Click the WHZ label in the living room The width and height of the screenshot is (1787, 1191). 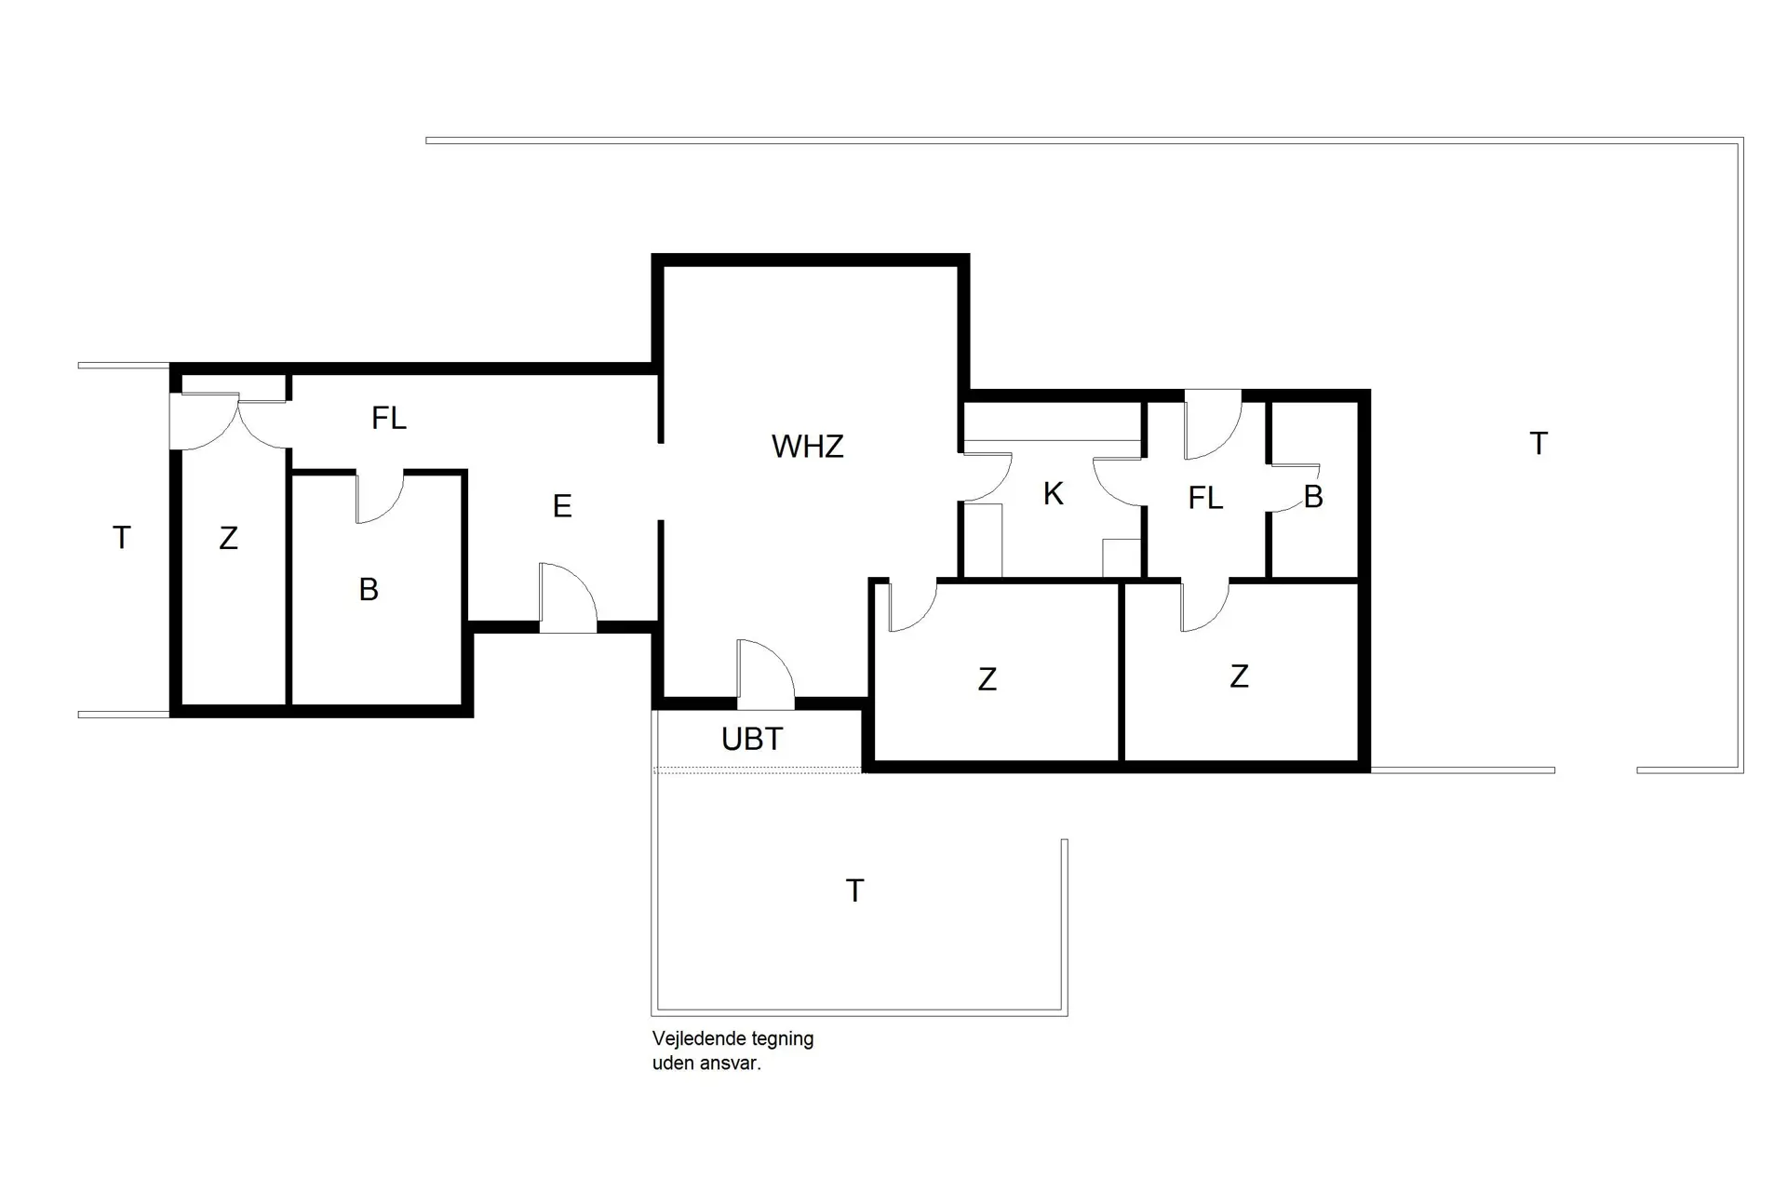point(807,447)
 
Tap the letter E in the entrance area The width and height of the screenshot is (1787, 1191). point(561,506)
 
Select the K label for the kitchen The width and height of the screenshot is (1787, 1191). point(1053,494)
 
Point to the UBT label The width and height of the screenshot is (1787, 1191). point(751,739)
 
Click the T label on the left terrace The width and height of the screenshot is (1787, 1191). point(121,538)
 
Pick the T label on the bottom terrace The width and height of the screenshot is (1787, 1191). point(854,891)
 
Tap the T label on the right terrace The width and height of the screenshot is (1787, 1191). point(1538,444)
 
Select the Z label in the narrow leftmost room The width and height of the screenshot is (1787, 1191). point(228,538)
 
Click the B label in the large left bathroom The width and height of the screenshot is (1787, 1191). point(369,590)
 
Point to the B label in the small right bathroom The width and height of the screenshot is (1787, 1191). point(1313,498)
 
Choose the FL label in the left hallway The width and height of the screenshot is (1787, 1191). point(388,419)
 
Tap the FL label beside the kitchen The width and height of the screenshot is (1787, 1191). point(1204,499)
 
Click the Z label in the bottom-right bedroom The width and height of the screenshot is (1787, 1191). point(1238,676)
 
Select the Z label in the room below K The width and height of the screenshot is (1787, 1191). point(987,680)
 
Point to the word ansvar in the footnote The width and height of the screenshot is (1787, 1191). point(735,1063)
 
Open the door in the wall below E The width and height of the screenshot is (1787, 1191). point(568,598)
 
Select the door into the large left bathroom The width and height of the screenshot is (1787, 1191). point(380,496)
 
